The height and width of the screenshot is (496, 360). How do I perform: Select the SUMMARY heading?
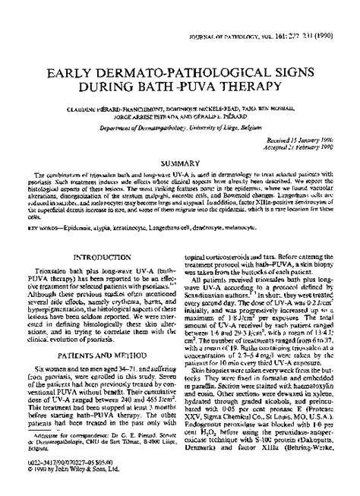tap(180, 141)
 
